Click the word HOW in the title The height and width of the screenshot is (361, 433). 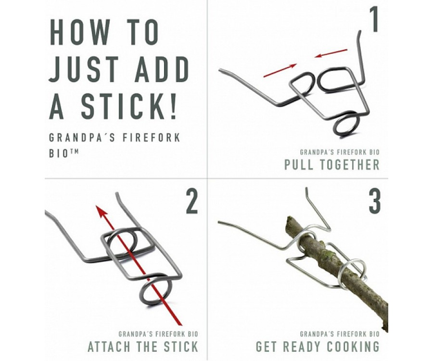pyautogui.click(x=80, y=32)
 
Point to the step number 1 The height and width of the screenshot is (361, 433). pyautogui.click(x=374, y=19)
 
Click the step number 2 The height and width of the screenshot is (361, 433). pyautogui.click(x=192, y=201)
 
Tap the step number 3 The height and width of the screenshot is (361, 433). pyautogui.click(x=375, y=201)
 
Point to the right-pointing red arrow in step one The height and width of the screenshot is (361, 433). pyautogui.click(x=280, y=70)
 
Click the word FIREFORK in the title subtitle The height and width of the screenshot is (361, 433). pyautogui.click(x=152, y=138)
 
